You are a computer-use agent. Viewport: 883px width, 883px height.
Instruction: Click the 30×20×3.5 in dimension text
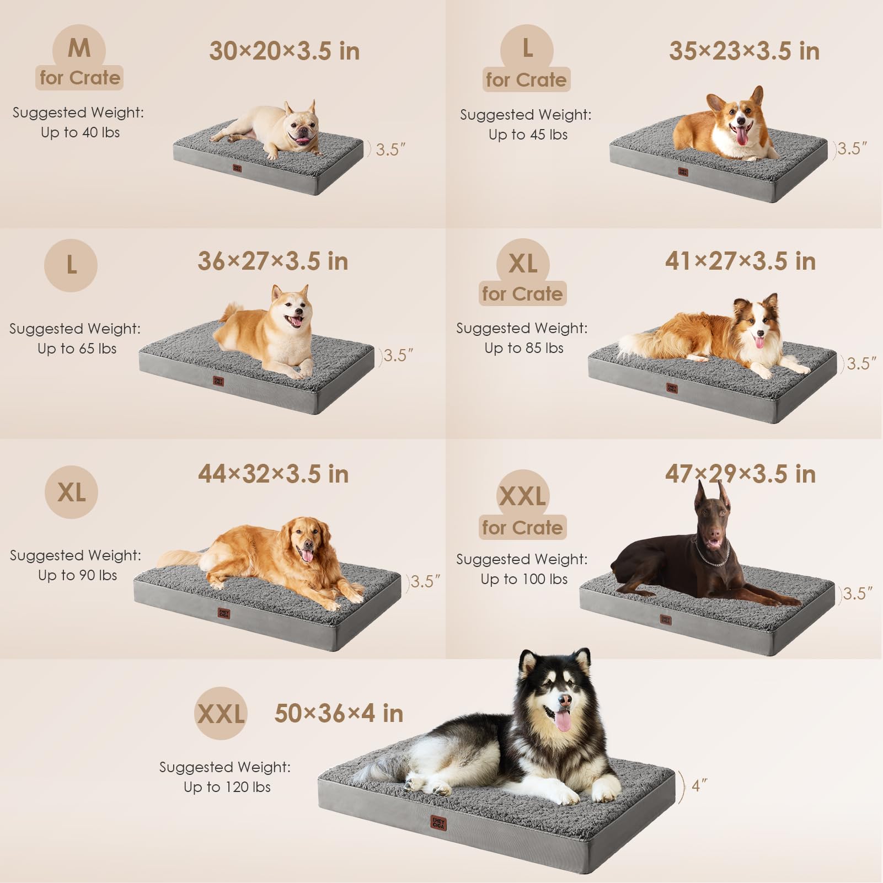click(x=284, y=51)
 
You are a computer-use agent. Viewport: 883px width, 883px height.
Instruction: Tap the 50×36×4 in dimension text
click(x=339, y=713)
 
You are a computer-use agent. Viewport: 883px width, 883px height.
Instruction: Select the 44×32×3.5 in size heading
click(x=273, y=474)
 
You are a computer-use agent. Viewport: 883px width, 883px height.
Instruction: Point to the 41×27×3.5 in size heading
click(x=740, y=261)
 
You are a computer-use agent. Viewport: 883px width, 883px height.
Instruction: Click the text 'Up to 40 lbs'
click(x=80, y=132)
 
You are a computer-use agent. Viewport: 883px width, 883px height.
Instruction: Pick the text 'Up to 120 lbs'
click(x=227, y=787)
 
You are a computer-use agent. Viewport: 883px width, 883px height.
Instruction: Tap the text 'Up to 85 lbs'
click(x=524, y=348)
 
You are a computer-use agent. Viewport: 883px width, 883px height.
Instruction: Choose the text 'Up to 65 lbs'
click(x=77, y=349)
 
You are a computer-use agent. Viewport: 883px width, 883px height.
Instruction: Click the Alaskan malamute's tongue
click(x=563, y=720)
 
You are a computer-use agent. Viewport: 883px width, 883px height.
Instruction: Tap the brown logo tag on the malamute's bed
click(x=438, y=823)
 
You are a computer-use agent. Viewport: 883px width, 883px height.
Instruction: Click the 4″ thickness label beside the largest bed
click(x=699, y=785)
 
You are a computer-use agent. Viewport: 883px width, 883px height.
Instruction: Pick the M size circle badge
click(x=79, y=48)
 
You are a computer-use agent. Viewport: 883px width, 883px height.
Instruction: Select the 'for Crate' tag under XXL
click(x=522, y=528)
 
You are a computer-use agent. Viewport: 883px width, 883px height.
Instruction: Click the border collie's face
click(x=758, y=325)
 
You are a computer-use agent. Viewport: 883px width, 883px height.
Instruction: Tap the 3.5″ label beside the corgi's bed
click(x=852, y=149)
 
